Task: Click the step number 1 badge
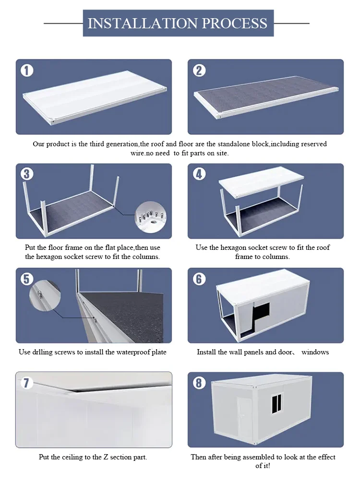(x=27, y=70)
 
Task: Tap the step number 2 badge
(x=199, y=70)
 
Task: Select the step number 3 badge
(x=27, y=174)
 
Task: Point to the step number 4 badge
(x=199, y=174)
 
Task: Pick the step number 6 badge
(x=199, y=279)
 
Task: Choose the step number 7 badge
(x=27, y=383)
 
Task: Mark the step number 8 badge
(x=199, y=383)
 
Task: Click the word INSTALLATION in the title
(x=141, y=23)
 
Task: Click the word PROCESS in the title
(x=234, y=23)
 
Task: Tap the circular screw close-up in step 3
(x=150, y=215)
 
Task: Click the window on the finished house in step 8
(x=277, y=404)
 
